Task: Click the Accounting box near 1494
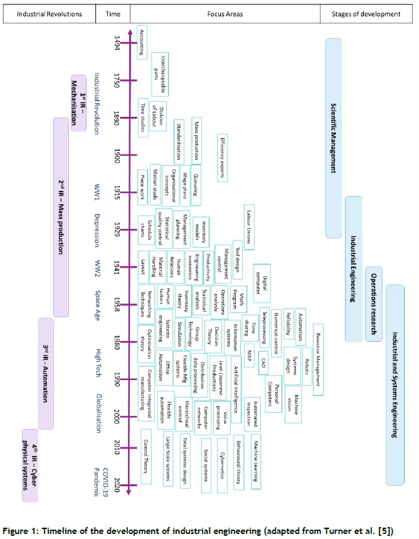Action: click(x=142, y=42)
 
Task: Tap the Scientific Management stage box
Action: click(x=334, y=138)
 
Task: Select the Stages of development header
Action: click(x=368, y=14)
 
